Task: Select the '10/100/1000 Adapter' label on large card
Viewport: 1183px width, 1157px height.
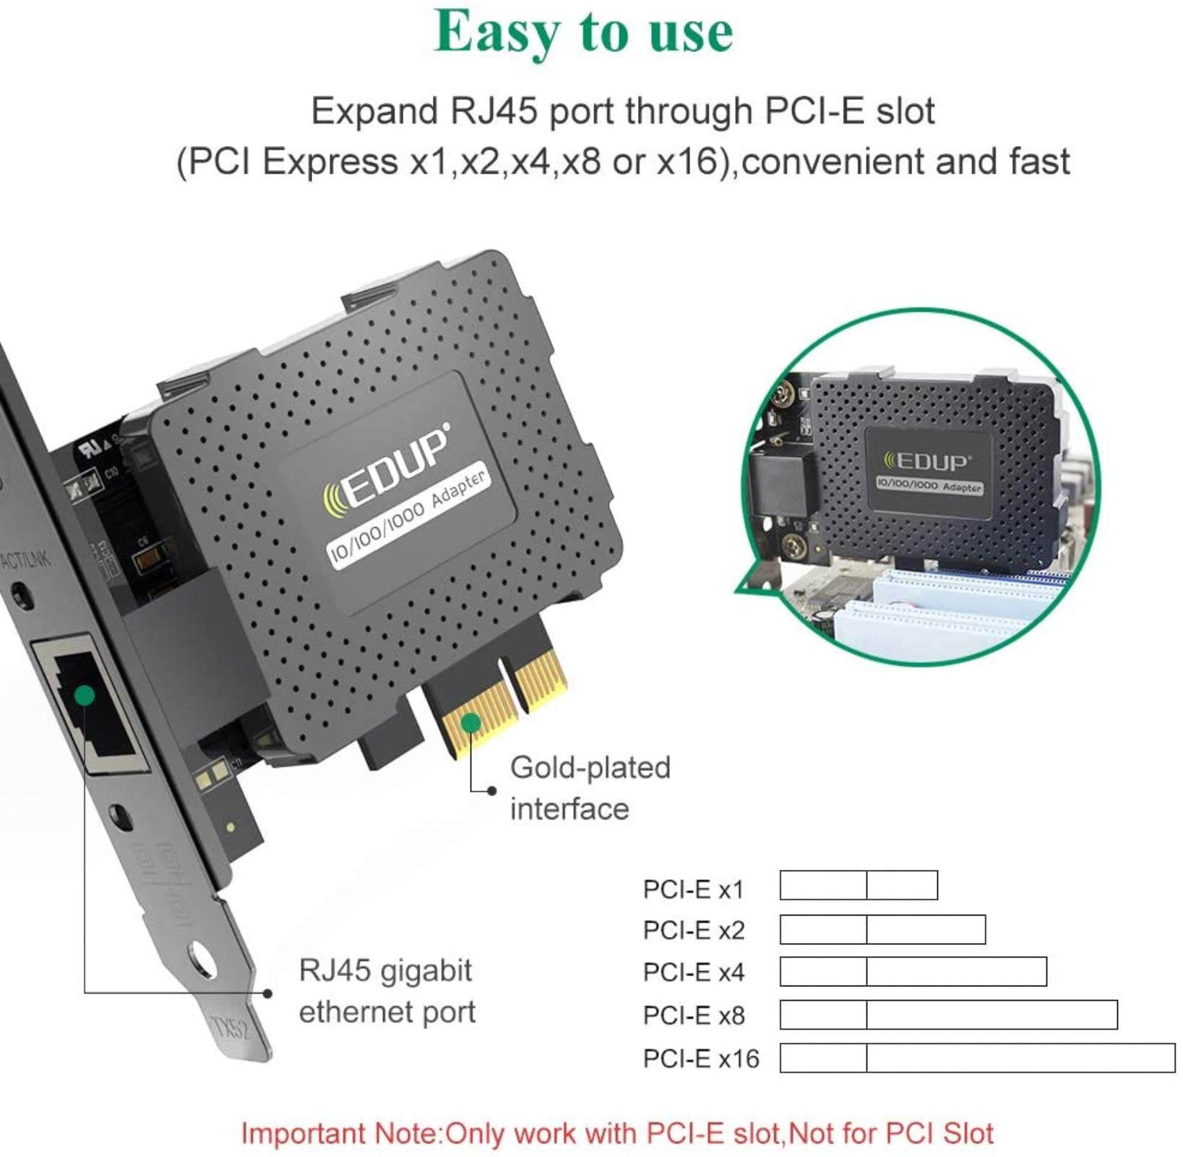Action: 409,517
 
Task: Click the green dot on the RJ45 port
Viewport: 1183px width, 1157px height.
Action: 85,695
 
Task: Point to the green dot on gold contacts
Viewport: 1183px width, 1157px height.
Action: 471,722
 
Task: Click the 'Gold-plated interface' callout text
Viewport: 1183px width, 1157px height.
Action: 590,788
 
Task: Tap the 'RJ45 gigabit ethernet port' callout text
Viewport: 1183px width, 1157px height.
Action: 387,991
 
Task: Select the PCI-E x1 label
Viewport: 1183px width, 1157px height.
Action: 693,889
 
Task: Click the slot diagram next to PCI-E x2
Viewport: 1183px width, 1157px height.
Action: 882,929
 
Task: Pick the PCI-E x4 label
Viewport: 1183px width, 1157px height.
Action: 693,972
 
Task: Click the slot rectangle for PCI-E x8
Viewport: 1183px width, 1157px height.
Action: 948,1015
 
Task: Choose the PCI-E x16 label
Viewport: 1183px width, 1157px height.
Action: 701,1059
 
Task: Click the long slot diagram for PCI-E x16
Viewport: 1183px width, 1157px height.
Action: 977,1058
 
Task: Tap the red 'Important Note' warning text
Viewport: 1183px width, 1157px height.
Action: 617,1133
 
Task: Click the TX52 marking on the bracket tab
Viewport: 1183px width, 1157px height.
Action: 230,1028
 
